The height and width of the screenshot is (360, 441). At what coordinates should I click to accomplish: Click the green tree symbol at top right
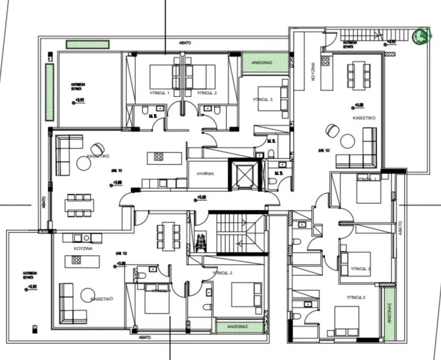pos(421,36)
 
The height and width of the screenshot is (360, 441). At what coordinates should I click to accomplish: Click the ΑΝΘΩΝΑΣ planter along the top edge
pos(257,62)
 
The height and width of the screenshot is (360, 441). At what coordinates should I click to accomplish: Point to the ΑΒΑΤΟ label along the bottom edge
pos(145,337)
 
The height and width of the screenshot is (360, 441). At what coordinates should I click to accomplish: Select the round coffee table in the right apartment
pos(346,140)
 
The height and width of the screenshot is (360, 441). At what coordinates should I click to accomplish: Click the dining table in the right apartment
pos(359,75)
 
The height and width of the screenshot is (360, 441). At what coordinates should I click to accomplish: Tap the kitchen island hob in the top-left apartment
pos(159,157)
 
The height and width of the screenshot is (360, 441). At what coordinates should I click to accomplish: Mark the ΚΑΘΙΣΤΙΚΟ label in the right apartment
pos(364,119)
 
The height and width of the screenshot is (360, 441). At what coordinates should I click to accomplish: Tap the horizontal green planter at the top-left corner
pos(87,45)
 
